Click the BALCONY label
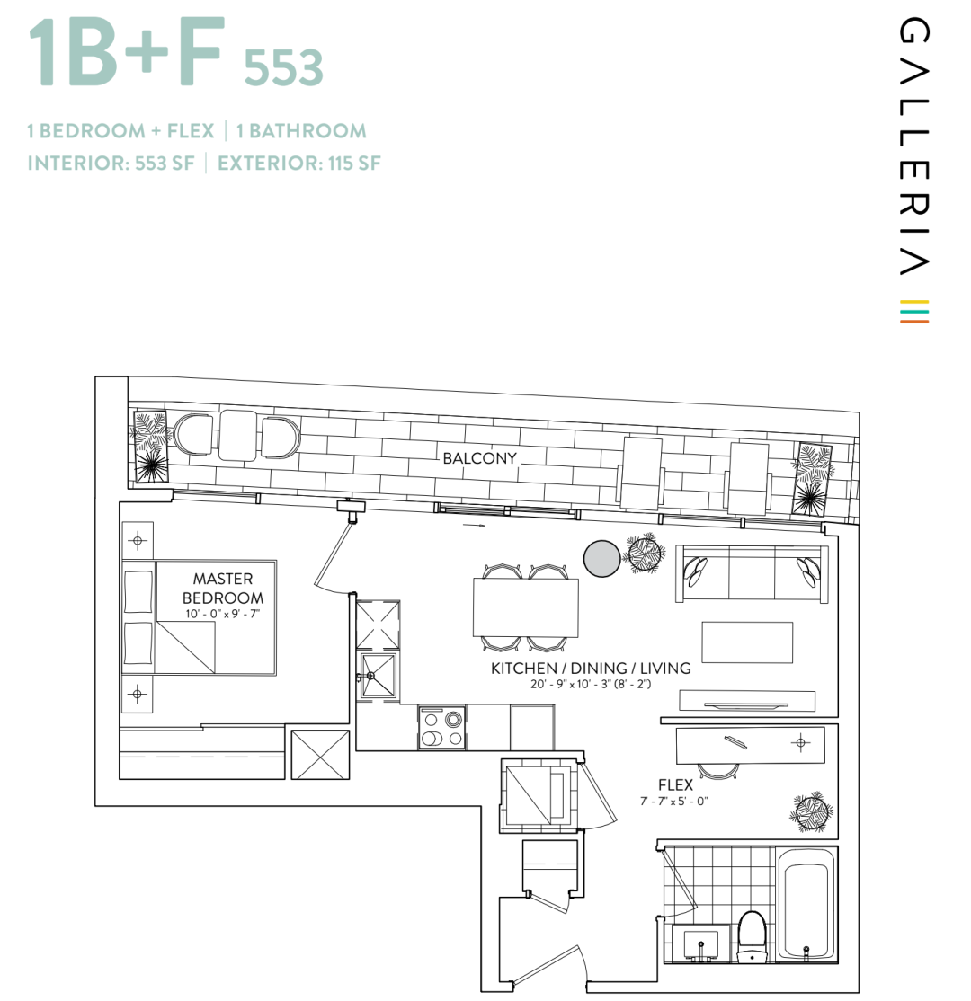pos(479,458)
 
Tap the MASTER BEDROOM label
pos(223,589)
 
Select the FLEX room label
pos(675,785)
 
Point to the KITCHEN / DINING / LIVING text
pos(591,669)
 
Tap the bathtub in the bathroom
pos(806,905)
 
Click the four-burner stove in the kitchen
pos(441,728)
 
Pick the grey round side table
pos(601,559)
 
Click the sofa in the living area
pos(752,573)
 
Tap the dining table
pos(526,607)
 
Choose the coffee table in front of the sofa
pos(747,642)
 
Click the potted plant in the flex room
pos(811,812)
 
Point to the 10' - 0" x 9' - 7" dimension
pos(222,614)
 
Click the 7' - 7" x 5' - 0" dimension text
pos(674,802)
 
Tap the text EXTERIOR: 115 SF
pos(299,164)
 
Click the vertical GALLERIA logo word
pos(914,146)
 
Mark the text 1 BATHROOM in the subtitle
pos(301,131)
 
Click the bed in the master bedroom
pos(200,618)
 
